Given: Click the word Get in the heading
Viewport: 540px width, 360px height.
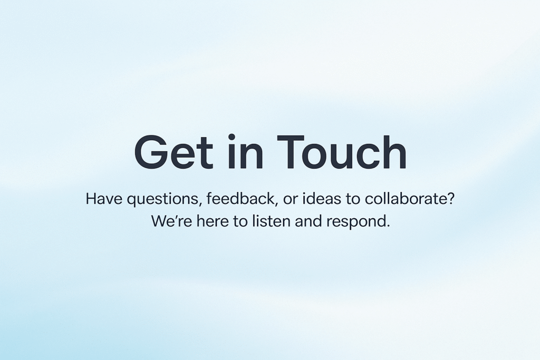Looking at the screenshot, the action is point(173,152).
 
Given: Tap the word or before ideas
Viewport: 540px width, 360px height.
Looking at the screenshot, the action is point(291,200).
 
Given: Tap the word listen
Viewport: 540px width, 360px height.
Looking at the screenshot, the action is point(272,221).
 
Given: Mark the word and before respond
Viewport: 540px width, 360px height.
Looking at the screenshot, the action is point(308,221).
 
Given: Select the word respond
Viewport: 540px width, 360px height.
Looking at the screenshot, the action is point(358,222).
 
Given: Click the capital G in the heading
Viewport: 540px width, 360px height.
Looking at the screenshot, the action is point(151,152).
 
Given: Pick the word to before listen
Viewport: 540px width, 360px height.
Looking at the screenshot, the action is point(240,221).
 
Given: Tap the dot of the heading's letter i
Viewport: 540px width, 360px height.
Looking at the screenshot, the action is point(232,137).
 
